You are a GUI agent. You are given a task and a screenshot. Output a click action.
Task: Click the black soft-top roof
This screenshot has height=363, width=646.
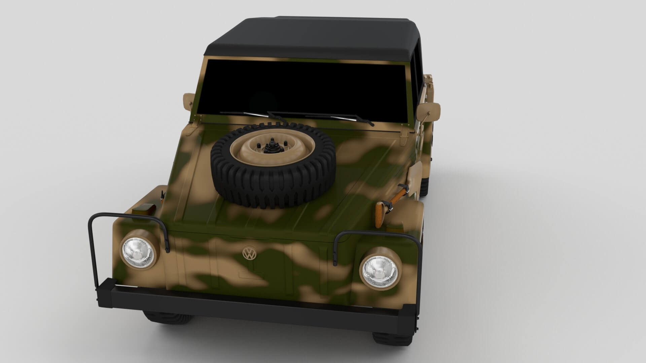pos(310,37)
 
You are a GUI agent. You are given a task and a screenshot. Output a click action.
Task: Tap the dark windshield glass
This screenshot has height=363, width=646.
pos(303,87)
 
